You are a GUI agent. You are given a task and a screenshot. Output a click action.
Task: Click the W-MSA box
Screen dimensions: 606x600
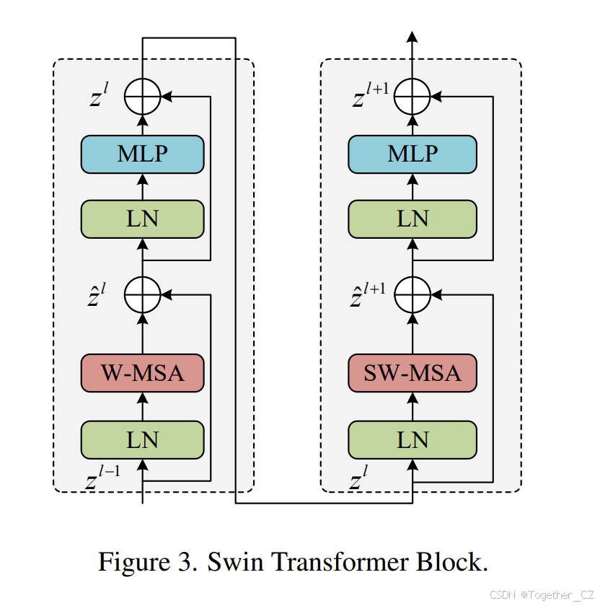tap(142, 373)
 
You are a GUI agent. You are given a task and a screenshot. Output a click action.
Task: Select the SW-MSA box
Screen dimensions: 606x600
tap(412, 373)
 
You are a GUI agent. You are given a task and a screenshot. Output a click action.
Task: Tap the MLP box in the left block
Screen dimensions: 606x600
tap(142, 154)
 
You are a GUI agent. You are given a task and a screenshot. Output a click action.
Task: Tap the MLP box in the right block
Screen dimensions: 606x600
tap(412, 154)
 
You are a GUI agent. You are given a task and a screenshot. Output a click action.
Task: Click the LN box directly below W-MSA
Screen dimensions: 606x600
tap(142, 439)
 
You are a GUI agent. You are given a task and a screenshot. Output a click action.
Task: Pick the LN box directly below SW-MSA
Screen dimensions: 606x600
tap(412, 439)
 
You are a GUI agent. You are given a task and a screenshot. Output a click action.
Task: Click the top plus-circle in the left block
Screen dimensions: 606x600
tap(142, 95)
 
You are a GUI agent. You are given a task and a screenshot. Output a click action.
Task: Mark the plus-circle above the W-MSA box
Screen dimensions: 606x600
tap(142, 294)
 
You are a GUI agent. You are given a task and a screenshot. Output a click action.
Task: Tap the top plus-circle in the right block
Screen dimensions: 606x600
tap(412, 95)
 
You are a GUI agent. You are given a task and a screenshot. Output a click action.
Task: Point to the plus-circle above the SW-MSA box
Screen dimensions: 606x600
tap(412, 294)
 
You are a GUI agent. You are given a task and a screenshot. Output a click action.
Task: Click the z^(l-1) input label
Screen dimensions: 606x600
tap(102, 479)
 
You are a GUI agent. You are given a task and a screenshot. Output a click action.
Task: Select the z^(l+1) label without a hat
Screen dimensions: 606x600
tap(369, 96)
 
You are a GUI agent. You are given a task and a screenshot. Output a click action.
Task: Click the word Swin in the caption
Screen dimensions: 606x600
tap(234, 561)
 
